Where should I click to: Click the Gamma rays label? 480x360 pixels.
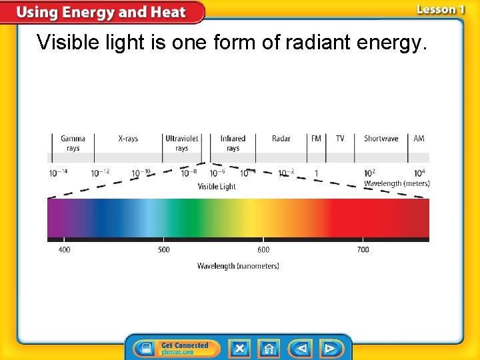coord(73,143)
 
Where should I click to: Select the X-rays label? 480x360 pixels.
coord(128,139)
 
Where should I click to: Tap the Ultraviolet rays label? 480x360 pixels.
coord(181,143)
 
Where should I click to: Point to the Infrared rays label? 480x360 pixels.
coord(233,143)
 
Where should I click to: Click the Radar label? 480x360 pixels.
coord(281,139)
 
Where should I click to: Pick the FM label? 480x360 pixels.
coord(316,139)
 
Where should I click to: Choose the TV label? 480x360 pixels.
coord(340,139)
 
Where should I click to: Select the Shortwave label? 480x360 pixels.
coord(381,139)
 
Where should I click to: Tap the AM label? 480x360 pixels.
coord(419,139)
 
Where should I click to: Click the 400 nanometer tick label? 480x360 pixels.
coord(64,250)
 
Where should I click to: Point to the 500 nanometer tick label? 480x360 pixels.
coord(163,250)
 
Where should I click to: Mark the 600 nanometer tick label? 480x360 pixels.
coord(263,250)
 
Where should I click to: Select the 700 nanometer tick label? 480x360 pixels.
coord(363,250)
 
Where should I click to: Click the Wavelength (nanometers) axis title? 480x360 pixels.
coord(238,266)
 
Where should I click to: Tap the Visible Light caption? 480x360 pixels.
coord(217,187)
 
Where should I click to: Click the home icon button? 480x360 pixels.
coord(269,348)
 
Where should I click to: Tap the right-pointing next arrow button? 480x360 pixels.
coord(329,348)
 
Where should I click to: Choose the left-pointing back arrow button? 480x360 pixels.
coord(301,348)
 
